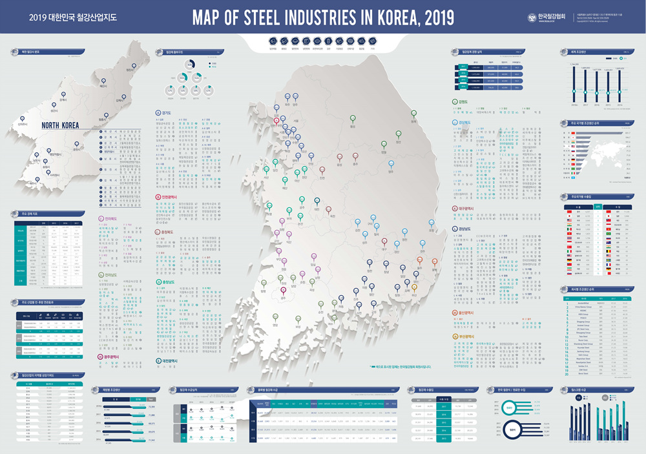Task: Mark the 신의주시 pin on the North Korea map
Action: tap(23, 118)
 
